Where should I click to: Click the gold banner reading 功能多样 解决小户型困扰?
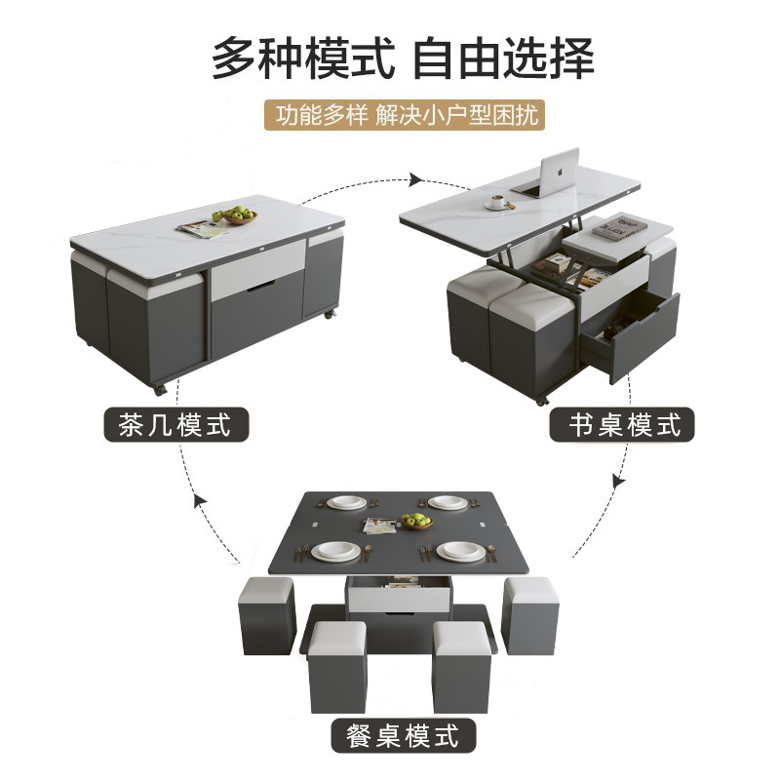coord(405,115)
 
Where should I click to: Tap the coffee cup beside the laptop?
coord(498,201)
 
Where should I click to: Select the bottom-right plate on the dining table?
coord(459,551)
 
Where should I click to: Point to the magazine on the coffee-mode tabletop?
coord(201,228)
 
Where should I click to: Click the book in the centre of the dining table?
coord(382,526)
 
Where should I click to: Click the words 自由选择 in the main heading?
coord(503,58)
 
